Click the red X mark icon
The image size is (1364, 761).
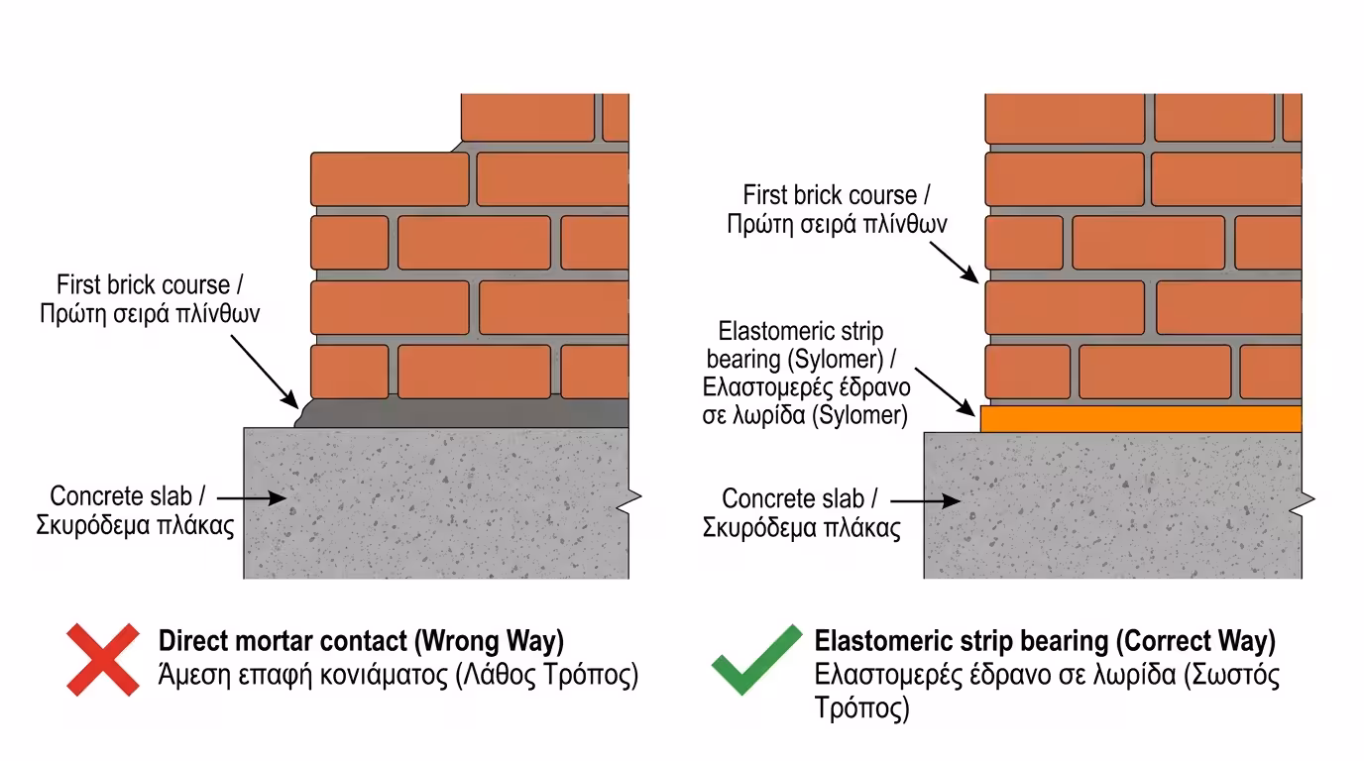coord(103,659)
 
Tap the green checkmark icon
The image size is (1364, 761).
coord(756,659)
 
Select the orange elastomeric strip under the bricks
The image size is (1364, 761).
coord(1140,419)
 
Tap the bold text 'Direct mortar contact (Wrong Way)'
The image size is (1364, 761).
coord(361,641)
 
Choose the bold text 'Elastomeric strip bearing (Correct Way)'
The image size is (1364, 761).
coord(1045,641)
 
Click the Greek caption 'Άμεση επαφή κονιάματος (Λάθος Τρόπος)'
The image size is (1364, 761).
coord(398,677)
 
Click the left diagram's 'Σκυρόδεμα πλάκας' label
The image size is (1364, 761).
coord(135,525)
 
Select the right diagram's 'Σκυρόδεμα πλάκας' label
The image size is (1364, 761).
coord(802,527)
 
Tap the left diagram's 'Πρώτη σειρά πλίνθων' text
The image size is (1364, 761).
coord(150,314)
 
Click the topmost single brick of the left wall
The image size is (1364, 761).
coord(528,119)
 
